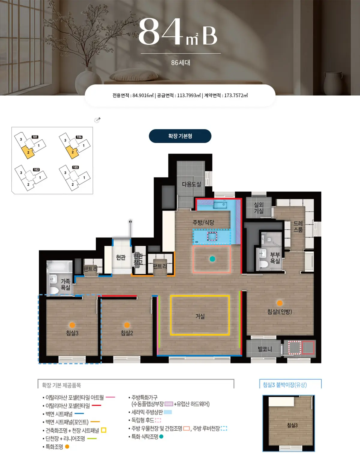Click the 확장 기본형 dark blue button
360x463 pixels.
(x=180, y=136)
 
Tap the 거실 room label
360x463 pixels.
(x=200, y=316)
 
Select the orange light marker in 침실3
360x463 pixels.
(x=72, y=325)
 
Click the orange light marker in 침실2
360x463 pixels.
(x=127, y=325)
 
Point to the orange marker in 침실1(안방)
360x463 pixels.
(x=280, y=303)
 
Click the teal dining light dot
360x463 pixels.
(x=212, y=259)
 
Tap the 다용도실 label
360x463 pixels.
(x=191, y=184)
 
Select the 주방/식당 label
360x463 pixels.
(x=203, y=223)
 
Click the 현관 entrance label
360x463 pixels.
(x=121, y=257)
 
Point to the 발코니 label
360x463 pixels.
(x=265, y=349)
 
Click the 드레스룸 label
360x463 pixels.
(x=298, y=226)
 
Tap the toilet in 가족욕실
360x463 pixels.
(x=54, y=290)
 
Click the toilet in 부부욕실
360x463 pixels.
(x=264, y=264)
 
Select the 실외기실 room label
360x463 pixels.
(x=259, y=208)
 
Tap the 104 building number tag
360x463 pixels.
(x=79, y=137)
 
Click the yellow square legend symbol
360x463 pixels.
(x=103, y=430)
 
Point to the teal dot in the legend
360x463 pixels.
(x=161, y=436)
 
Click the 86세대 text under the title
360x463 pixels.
(x=181, y=63)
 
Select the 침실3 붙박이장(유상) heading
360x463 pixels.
(x=285, y=385)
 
